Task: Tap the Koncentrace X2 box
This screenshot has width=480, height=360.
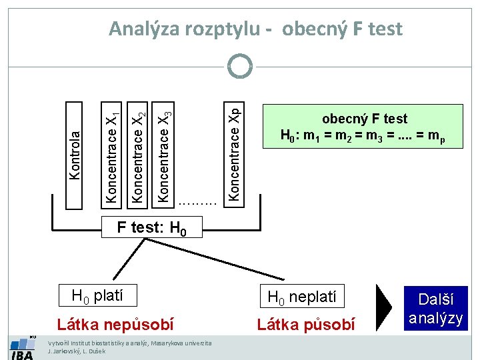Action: pos(137,152)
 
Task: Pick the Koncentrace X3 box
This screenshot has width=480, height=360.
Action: pos(165,152)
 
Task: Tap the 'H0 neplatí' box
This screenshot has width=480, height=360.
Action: pos(302,295)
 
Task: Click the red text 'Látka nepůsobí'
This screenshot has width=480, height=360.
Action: pos(115,325)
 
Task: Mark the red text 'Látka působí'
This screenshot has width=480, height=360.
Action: pos(306,325)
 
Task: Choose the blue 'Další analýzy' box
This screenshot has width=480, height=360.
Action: pos(435,309)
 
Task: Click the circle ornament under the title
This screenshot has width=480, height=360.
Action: pos(240,66)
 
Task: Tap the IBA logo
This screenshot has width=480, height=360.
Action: pos(23,348)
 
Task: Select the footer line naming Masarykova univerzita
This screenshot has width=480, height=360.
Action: pos(130,343)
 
